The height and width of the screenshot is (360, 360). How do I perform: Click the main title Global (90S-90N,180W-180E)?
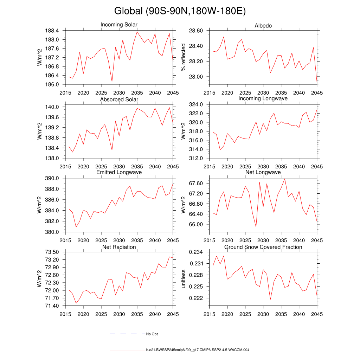[180, 11]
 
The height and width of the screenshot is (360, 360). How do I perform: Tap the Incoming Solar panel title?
[119, 25]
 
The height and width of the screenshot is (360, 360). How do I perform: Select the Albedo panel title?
[263, 26]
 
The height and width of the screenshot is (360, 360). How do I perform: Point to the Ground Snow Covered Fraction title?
[263, 247]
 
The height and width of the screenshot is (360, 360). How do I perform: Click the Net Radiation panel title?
[119, 247]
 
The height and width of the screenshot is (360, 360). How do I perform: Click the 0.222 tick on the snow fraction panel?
[197, 298]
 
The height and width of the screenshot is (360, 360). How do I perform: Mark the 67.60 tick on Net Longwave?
[196, 184]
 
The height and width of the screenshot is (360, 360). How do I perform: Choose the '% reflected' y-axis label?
[183, 58]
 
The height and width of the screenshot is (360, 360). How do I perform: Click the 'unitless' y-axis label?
[183, 278]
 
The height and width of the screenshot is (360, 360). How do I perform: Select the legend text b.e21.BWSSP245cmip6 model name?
[198, 350]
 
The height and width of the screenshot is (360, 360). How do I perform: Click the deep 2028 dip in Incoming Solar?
[112, 82]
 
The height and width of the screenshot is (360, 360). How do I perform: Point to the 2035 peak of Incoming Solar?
[137, 32]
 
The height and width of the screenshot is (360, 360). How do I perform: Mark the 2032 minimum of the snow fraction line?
[270, 300]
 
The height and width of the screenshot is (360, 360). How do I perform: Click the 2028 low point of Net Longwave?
[256, 227]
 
